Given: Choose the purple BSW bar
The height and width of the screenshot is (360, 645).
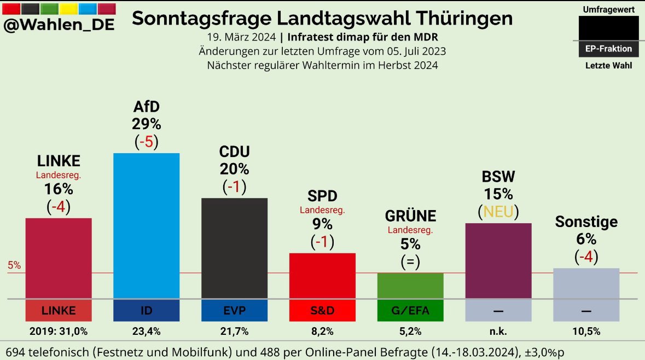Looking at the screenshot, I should (498, 260).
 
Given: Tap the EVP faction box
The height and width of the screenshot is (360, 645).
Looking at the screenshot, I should (234, 311).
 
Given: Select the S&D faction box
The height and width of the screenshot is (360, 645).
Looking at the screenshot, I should (322, 311).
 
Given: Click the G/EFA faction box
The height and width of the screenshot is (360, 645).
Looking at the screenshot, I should (410, 311).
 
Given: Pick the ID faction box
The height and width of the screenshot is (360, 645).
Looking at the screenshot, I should (146, 311).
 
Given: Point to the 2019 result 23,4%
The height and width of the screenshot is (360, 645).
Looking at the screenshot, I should (146, 331).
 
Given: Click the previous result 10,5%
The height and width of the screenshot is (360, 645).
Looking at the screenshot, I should (586, 331).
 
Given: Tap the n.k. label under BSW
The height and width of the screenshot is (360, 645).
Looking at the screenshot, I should (498, 331).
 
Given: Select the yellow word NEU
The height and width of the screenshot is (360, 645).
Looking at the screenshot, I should (498, 211).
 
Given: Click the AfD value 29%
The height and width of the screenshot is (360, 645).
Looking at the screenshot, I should (146, 124).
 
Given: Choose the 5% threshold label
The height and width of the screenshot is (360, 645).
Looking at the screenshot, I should (14, 266).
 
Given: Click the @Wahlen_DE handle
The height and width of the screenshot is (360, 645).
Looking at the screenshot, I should (59, 25).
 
